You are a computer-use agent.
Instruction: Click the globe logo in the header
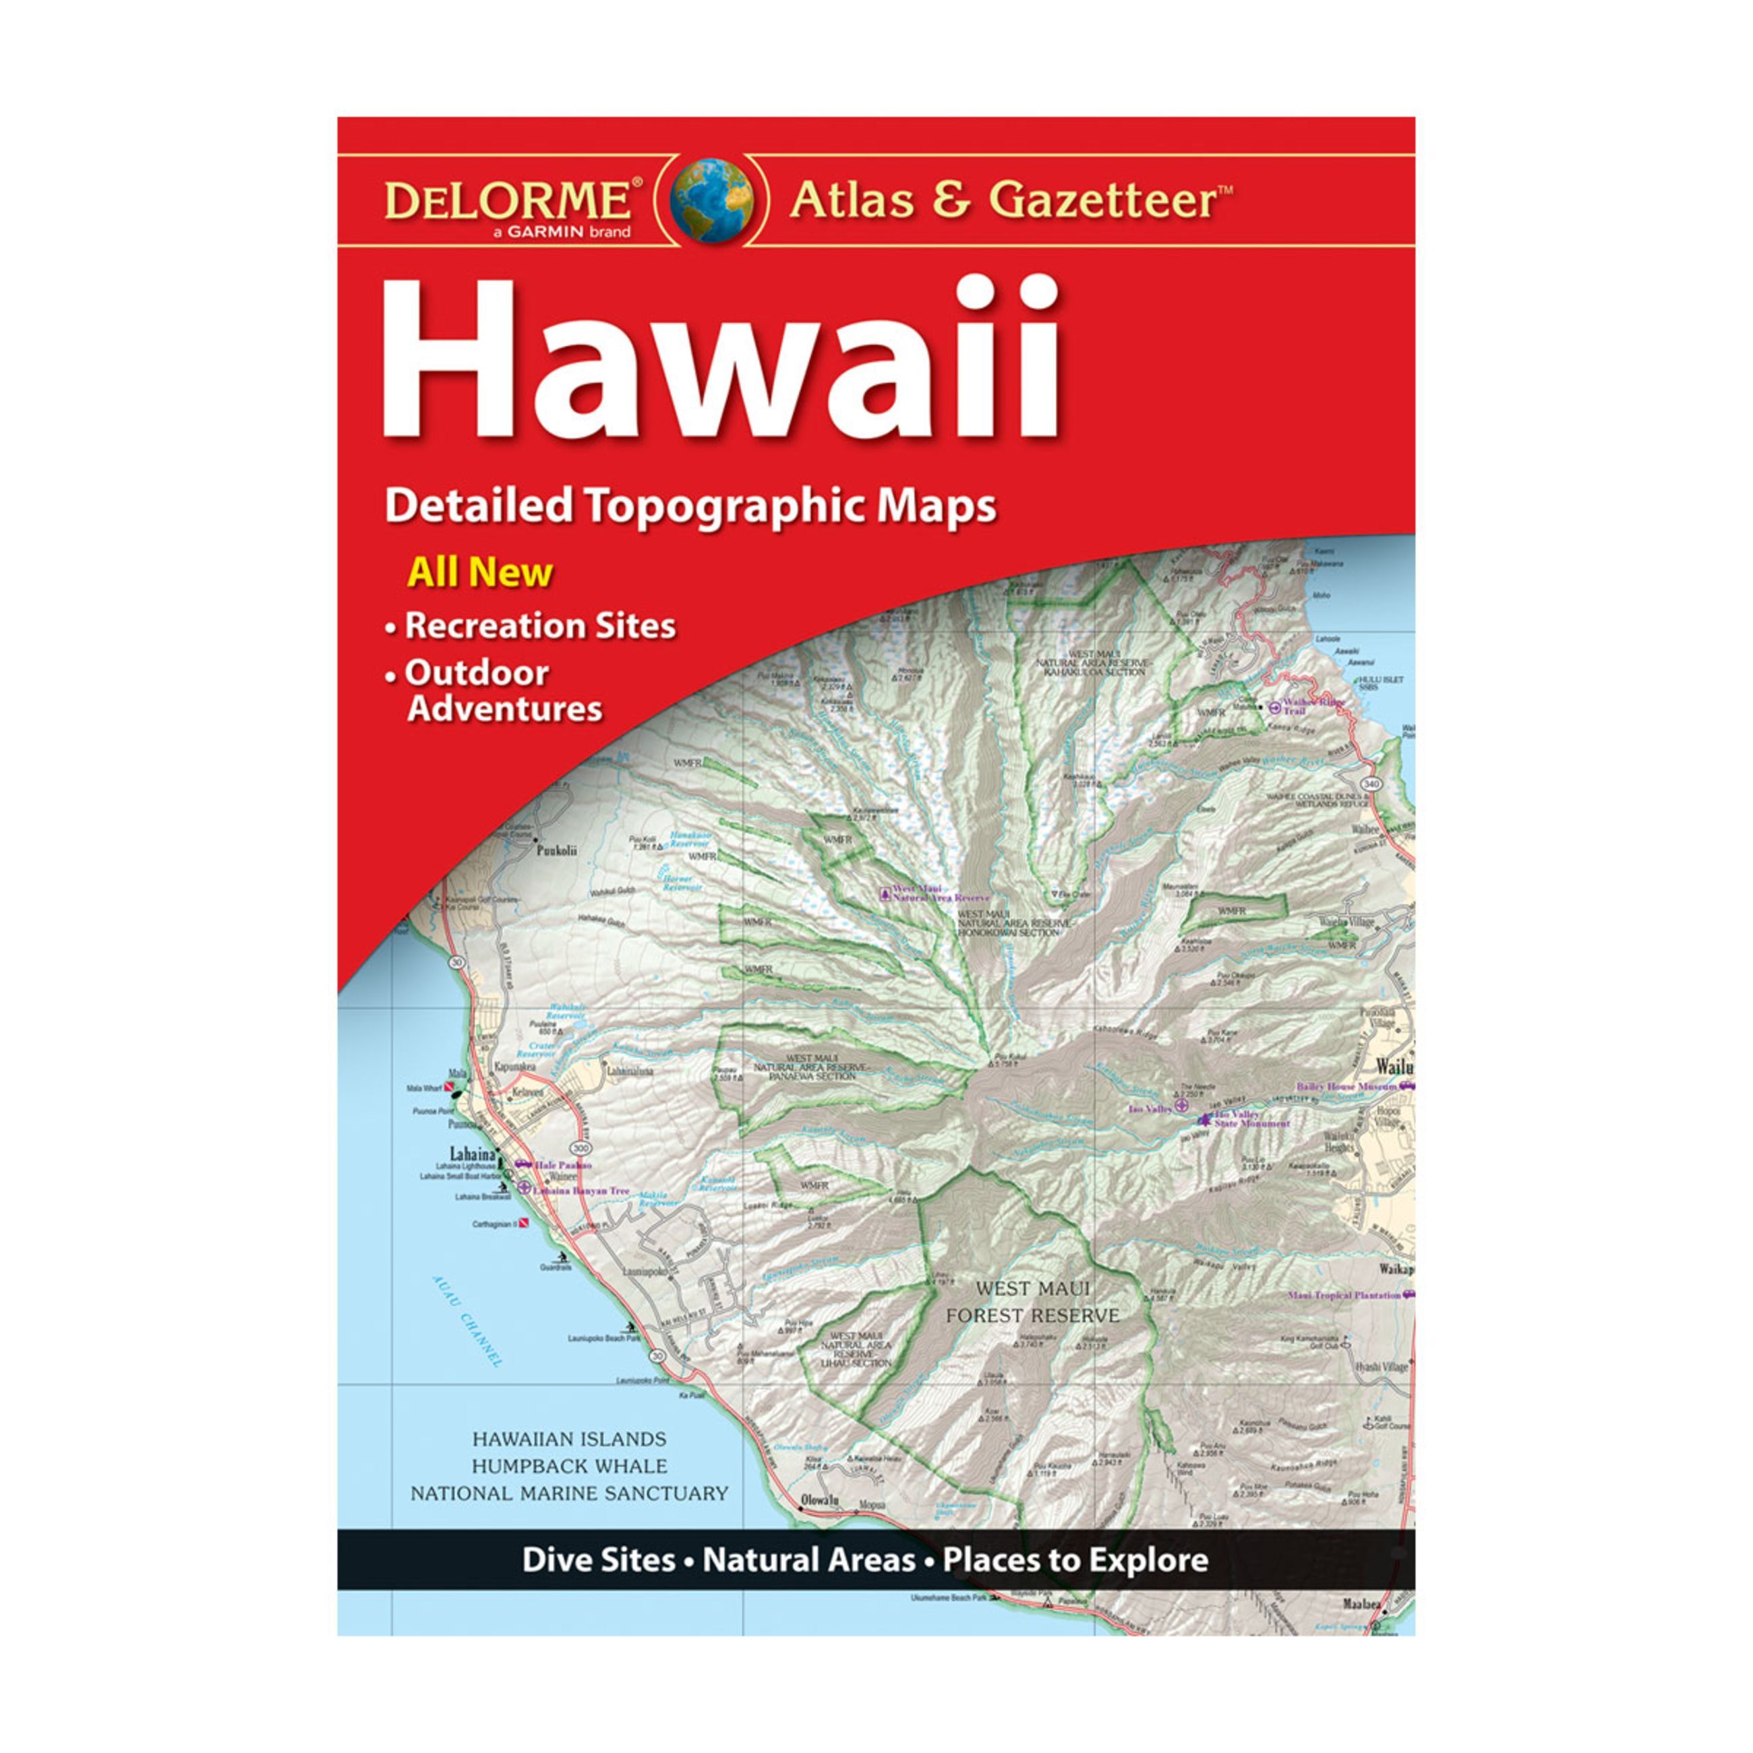pos(711,200)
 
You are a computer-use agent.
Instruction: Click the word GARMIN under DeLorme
pos(543,233)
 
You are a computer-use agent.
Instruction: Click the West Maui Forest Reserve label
pos(1032,1301)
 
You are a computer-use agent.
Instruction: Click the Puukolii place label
pos(556,851)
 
